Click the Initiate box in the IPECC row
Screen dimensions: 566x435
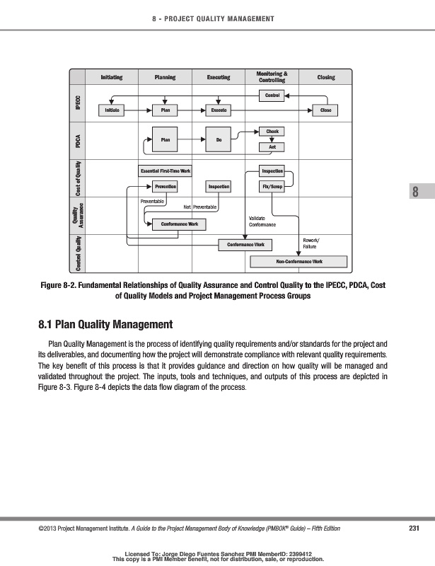tap(111, 110)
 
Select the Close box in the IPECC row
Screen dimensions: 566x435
tap(325, 110)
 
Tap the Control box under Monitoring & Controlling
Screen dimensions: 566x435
tap(272, 95)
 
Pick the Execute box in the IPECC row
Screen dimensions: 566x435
tap(219, 110)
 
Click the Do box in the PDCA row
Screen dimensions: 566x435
tap(219, 140)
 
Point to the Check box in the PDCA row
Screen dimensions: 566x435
tap(272, 132)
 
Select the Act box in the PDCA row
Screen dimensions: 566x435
tap(272, 146)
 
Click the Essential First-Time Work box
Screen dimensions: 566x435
tap(166, 171)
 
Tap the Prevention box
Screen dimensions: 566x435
tap(165, 186)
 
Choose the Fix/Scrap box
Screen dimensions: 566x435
tap(272, 186)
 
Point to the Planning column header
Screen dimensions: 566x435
tap(165, 77)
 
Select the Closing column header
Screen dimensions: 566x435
tap(326, 77)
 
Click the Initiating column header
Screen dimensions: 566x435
tap(111, 77)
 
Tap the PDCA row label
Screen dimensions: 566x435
tap(77, 140)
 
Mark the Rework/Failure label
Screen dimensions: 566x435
tap(311, 243)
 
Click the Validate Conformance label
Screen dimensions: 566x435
tap(262, 221)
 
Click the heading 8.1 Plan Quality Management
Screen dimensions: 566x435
tap(105, 325)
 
